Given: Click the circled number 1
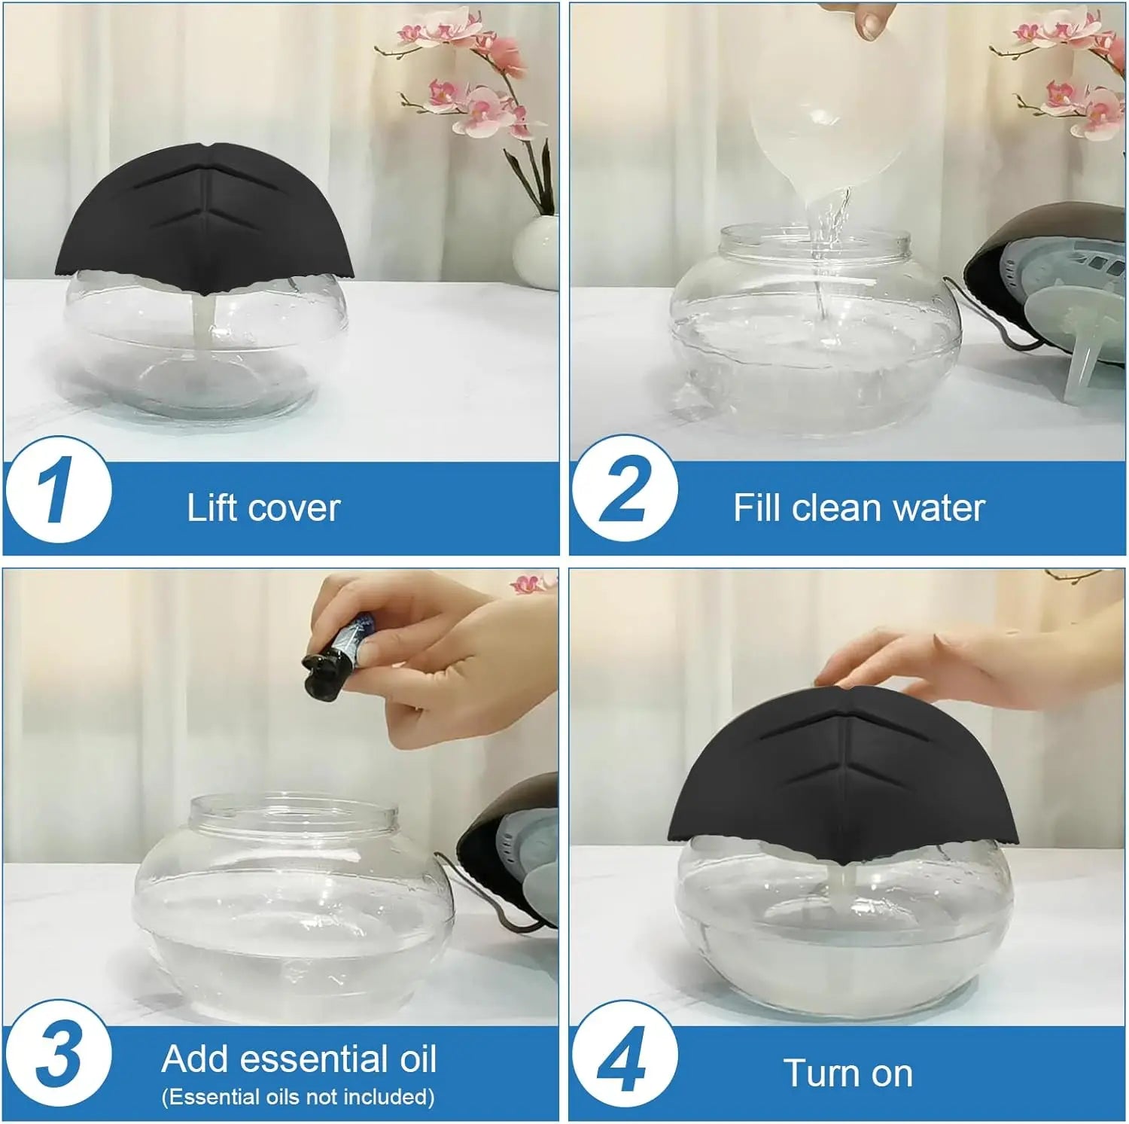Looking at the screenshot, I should (x=58, y=490).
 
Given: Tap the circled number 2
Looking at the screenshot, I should (x=624, y=490).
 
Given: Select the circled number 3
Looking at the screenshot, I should (x=58, y=1055).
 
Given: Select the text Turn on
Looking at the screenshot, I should (x=848, y=1073).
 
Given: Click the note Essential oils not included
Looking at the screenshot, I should (x=298, y=1097).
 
